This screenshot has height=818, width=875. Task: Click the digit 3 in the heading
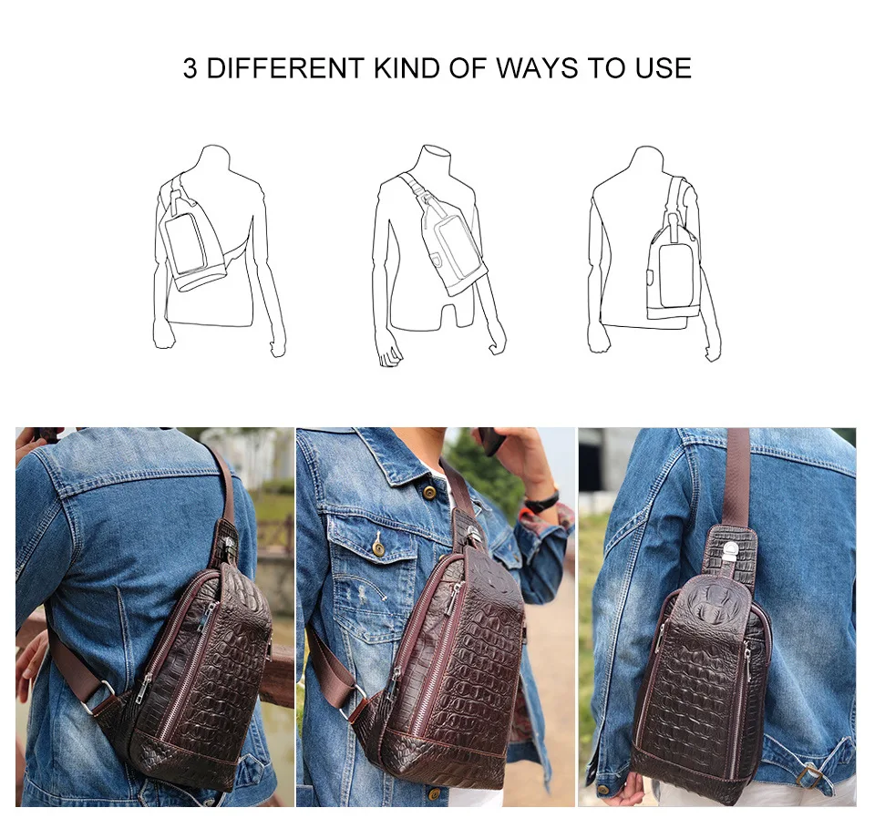[x=190, y=68]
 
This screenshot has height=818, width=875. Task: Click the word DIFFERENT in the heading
[x=285, y=68]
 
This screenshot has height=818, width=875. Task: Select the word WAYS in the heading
[x=537, y=68]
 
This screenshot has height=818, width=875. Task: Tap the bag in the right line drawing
[x=673, y=268]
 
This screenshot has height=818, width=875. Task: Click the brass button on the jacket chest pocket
[x=378, y=550]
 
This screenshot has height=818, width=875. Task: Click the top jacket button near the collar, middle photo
[x=429, y=493]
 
